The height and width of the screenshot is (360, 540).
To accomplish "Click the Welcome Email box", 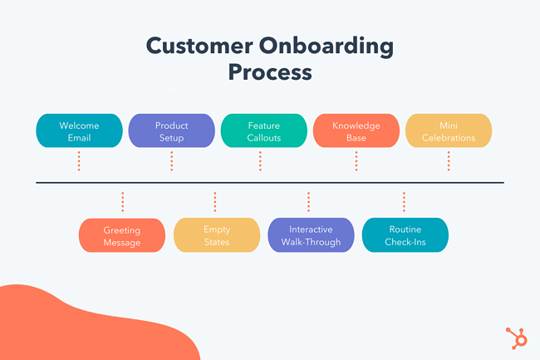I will pyautogui.click(x=79, y=131).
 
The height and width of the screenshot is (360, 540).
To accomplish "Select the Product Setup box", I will pyautogui.click(x=172, y=131).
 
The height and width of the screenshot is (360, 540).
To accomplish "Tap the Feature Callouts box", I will pyautogui.click(x=264, y=131).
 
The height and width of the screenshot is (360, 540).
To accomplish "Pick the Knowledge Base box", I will pyautogui.click(x=356, y=131).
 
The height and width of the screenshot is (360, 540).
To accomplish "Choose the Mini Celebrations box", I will pyautogui.click(x=449, y=131).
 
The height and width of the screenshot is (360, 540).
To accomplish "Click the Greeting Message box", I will pyautogui.click(x=122, y=236).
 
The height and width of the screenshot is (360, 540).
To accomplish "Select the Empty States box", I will pyautogui.click(x=217, y=236).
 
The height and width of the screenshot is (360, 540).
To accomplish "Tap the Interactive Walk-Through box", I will pyautogui.click(x=311, y=236).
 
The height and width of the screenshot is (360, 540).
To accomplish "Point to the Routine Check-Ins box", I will pyautogui.click(x=405, y=236).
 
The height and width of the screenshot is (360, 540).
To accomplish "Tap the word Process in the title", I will pyautogui.click(x=270, y=72).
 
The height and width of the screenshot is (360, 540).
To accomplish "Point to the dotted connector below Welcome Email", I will pyautogui.click(x=79, y=160).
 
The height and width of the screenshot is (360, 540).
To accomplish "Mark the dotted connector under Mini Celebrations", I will pyautogui.click(x=449, y=160).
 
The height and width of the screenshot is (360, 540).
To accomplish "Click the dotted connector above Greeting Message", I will pyautogui.click(x=122, y=202).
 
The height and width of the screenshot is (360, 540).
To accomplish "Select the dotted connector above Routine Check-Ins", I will pyautogui.click(x=404, y=202).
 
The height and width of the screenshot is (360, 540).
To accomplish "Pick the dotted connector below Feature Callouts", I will pyautogui.click(x=264, y=160).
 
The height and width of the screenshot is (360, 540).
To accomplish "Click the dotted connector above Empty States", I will pyautogui.click(x=215, y=202).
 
